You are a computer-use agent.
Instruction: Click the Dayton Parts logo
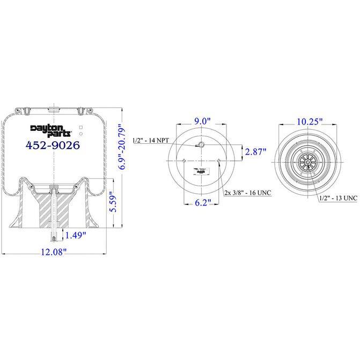pyautogui.click(x=47, y=129)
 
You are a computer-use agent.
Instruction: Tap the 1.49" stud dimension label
pyautogui.click(x=76, y=234)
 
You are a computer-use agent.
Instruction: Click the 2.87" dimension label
pyautogui.click(x=256, y=151)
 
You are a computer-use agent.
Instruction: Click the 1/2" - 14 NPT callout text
pyautogui.click(x=151, y=141)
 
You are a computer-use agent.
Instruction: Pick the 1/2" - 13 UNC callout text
pyautogui.click(x=337, y=198)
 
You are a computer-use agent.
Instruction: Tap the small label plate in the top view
pyautogui.click(x=202, y=170)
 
